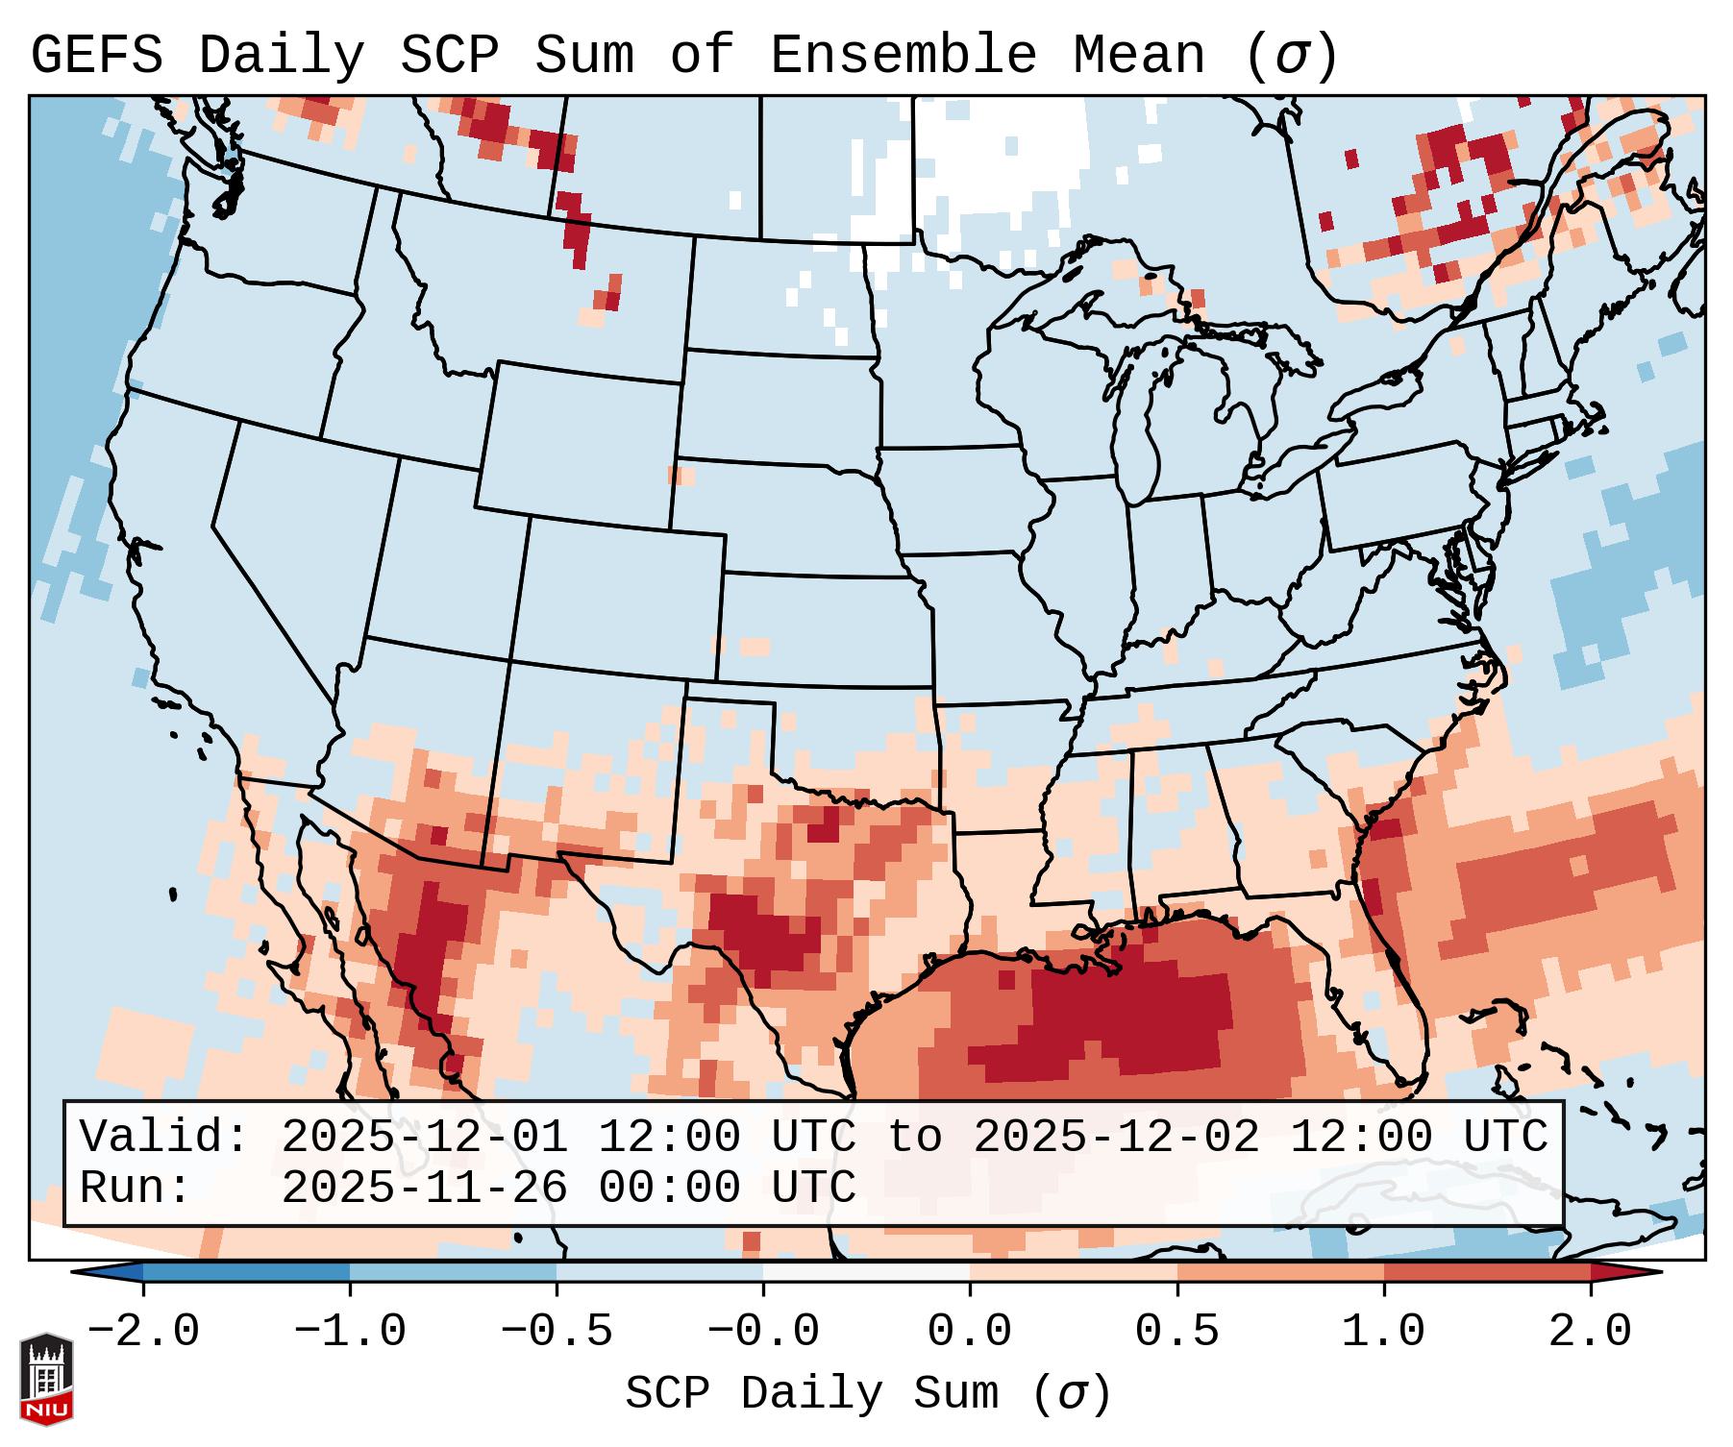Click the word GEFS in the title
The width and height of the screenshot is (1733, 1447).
97,56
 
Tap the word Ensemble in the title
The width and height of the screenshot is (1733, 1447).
903,56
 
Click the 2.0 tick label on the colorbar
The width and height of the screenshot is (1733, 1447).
1590,1332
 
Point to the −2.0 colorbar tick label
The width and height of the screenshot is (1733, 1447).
142,1332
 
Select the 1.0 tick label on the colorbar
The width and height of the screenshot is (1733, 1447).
1383,1332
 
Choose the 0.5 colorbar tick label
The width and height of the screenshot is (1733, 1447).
1176,1332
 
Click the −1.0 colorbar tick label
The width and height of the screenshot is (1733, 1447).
349,1332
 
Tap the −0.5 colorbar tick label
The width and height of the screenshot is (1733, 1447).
556,1332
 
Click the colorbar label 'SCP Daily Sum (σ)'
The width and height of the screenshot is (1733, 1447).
868,1394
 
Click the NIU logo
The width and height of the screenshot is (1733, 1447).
46,1379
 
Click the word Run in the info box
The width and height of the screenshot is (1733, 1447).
125,1188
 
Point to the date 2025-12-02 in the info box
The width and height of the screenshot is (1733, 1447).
1116,1137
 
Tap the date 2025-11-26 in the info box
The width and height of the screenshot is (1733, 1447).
424,1188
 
